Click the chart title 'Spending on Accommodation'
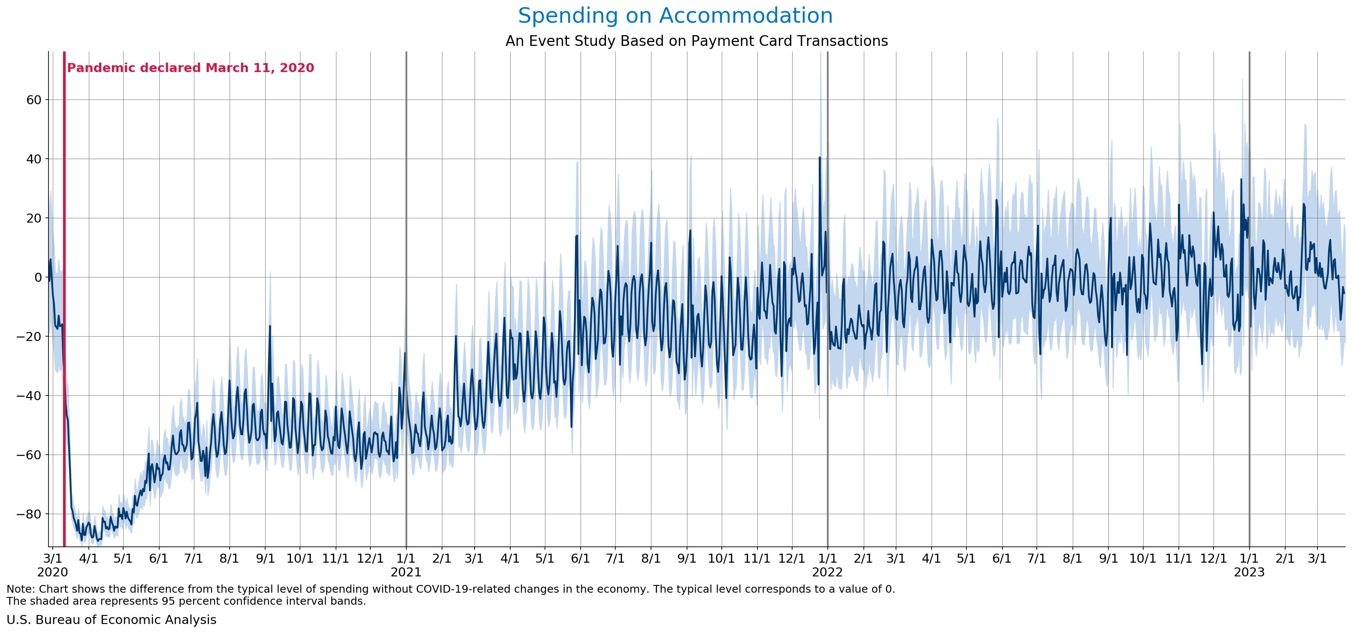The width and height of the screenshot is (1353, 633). coord(675,16)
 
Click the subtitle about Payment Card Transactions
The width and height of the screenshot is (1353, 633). coord(696,41)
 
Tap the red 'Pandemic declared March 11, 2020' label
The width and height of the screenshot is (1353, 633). coord(190,68)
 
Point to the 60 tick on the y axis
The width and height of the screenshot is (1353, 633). coord(33,100)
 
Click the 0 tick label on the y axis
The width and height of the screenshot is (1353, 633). coord(38,277)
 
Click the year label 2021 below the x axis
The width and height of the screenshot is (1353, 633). coord(406,572)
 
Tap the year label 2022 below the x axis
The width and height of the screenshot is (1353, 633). coord(827,572)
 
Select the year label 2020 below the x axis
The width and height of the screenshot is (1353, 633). coord(52,572)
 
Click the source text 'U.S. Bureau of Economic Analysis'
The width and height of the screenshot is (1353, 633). coord(111,620)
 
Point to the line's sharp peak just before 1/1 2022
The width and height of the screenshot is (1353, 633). coord(819,157)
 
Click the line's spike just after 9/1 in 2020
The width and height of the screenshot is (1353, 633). coord(270,326)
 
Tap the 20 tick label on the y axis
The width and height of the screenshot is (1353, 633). coord(33,218)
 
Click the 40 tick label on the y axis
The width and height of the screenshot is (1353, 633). coord(33,159)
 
